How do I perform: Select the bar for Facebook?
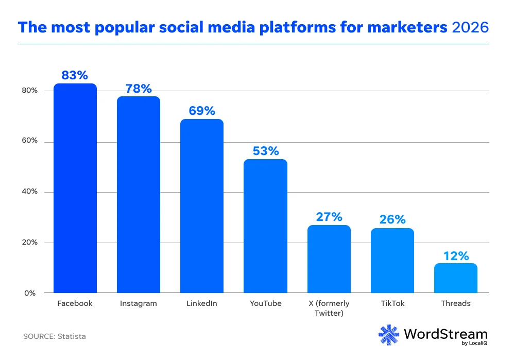point(75,188)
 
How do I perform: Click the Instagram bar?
point(139,195)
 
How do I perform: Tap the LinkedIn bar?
point(202,206)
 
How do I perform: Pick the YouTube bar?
point(265,226)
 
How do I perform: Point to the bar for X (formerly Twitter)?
point(329,259)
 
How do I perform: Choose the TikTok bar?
point(392,261)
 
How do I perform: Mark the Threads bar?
point(455,278)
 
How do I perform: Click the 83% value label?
point(75,75)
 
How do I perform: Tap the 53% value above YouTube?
point(265,151)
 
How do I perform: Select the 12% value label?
point(455,255)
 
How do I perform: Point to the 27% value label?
point(329,217)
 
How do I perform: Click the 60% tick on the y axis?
point(30,141)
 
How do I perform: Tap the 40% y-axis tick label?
point(30,192)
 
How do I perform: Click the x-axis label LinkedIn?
point(202,303)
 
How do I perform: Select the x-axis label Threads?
point(455,303)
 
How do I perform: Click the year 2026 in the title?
point(470,27)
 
